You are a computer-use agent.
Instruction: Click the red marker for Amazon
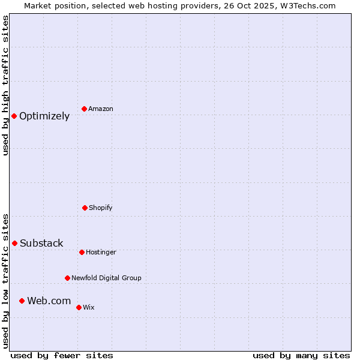tap(85, 109)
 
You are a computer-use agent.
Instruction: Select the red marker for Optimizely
tap(14, 116)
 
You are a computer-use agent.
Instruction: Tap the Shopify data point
tap(85, 208)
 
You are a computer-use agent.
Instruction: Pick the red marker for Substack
tap(15, 243)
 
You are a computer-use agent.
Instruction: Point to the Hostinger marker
tap(82, 252)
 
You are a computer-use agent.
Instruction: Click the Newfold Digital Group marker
tap(67, 278)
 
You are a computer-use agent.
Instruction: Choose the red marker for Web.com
tap(22, 301)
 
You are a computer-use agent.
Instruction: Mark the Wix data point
tap(79, 307)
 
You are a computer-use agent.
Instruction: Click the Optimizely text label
tap(44, 116)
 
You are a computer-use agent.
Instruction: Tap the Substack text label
tap(41, 243)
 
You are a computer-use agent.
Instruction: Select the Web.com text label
tap(49, 301)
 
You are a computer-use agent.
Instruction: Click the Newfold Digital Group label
tap(106, 278)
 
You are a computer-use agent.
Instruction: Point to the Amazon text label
tap(101, 109)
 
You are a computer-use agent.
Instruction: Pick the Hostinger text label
tap(101, 252)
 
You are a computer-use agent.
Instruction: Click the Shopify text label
tap(101, 208)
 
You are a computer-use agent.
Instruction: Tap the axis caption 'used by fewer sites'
tap(62, 355)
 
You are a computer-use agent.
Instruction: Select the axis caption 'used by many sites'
tap(301, 355)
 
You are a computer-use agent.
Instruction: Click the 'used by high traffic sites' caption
tap(5, 85)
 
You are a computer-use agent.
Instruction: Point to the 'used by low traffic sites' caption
tap(5, 281)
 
